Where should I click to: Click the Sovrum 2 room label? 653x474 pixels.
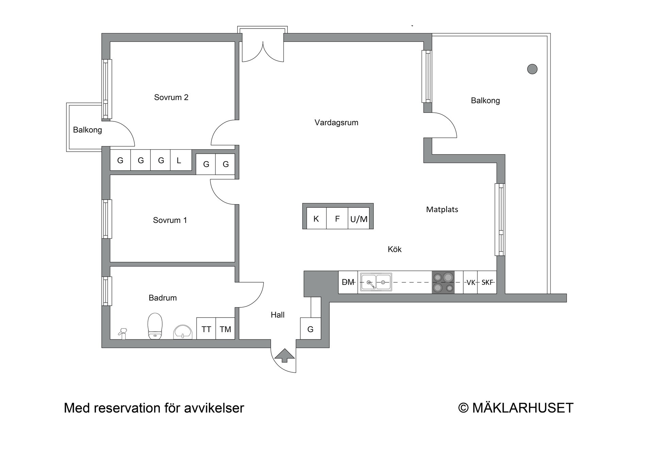171,97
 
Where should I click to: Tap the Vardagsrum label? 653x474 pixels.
336,122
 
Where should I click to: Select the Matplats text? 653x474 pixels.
442,209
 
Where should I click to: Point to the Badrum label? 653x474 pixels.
163,298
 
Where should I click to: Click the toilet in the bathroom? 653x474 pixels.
155,326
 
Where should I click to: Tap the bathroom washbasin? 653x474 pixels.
183,332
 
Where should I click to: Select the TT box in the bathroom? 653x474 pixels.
206,328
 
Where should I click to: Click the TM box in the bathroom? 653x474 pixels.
225,328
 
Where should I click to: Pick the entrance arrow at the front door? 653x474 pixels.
285,355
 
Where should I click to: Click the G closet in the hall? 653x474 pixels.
311,328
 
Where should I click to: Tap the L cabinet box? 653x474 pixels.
181,160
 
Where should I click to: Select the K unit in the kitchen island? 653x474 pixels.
316,218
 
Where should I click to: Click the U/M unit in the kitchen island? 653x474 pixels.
359,218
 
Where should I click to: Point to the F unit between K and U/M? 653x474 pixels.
337,218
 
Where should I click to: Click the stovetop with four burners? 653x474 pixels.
443,282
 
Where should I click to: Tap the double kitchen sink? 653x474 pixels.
376,282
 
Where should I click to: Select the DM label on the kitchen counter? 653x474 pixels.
348,282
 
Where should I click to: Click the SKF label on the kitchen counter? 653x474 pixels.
487,282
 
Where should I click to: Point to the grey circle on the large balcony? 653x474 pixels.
532,69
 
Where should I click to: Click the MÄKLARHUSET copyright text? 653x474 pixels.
516,408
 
